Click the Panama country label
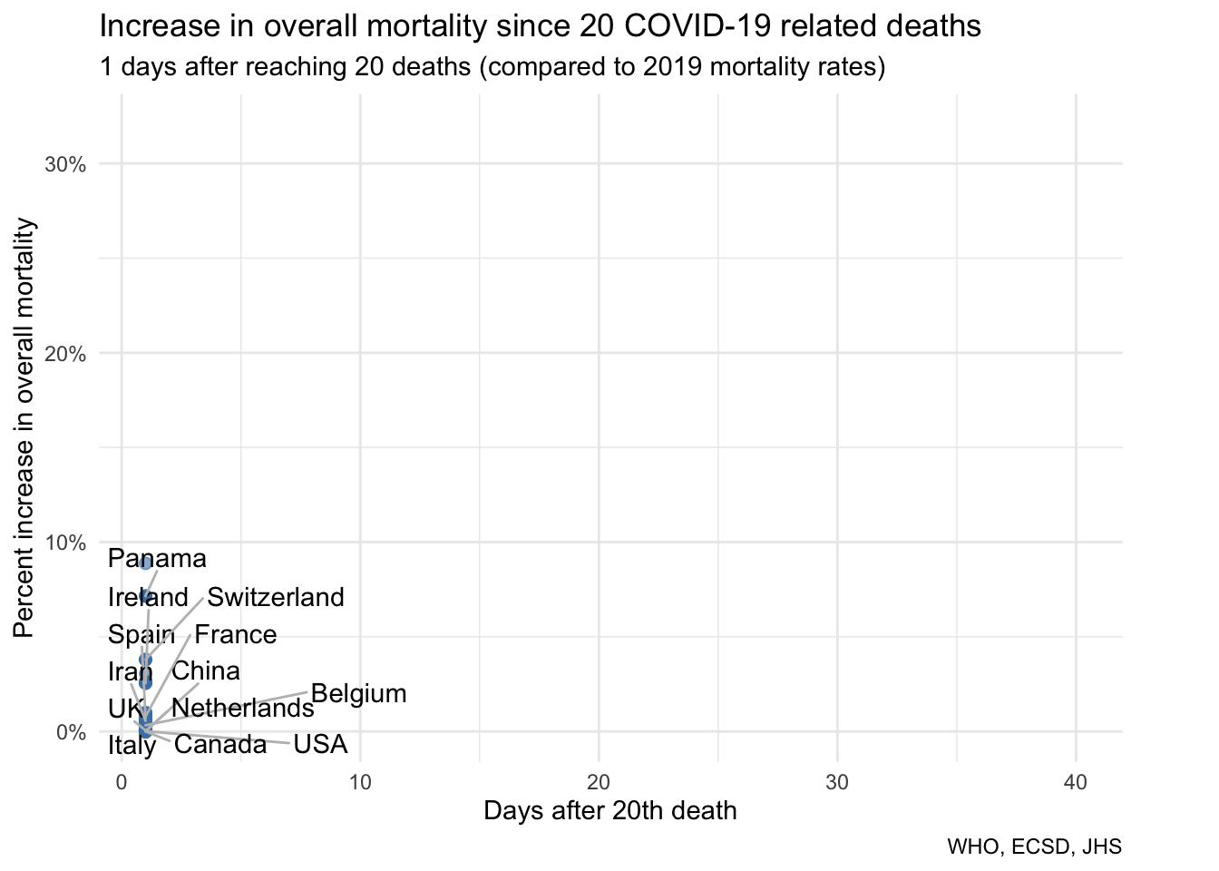click(157, 559)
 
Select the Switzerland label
click(276, 597)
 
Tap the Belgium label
click(358, 694)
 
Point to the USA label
click(320, 745)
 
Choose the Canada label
click(220, 745)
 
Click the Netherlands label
click(242, 709)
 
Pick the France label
click(236, 635)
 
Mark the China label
click(206, 671)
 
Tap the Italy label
click(132, 746)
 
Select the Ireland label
click(148, 597)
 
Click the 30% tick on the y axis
click(65, 164)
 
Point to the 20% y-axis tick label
click(65, 354)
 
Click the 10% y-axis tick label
click(65, 543)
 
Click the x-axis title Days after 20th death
click(609, 811)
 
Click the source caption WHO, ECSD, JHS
click(1034, 847)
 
